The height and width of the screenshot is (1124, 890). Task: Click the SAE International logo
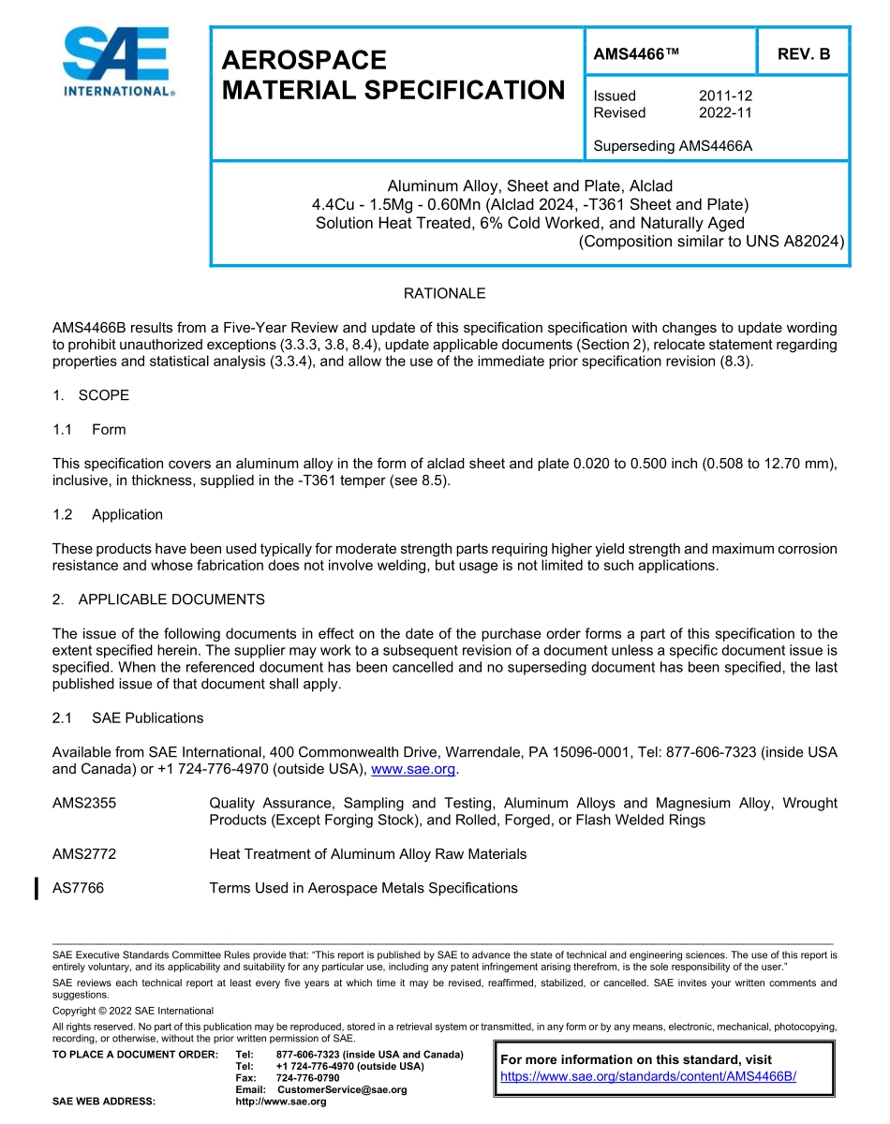(x=117, y=63)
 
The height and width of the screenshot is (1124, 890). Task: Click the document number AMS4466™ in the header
(x=636, y=54)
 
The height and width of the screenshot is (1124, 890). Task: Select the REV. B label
(x=804, y=54)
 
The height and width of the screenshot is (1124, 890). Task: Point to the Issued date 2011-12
(x=725, y=96)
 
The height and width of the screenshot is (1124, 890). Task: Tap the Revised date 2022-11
(x=725, y=112)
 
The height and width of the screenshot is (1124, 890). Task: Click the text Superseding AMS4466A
(x=674, y=146)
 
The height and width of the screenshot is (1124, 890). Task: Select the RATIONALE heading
(x=444, y=293)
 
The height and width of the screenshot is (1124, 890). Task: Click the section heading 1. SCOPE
(x=91, y=395)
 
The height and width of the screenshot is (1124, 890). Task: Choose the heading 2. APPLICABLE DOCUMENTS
(x=158, y=599)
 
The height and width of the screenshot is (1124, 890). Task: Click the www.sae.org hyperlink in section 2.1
(x=413, y=769)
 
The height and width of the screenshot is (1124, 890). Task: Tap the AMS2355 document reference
(x=84, y=803)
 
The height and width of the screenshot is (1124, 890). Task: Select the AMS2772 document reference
(x=84, y=854)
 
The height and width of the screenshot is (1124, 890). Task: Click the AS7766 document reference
(x=79, y=888)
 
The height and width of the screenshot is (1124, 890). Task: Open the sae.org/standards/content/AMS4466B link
(x=648, y=1076)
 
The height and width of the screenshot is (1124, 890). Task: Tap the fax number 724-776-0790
(x=302, y=1078)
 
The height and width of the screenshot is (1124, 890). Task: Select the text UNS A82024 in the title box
(x=796, y=242)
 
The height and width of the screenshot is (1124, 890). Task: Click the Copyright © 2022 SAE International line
(x=133, y=1011)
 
